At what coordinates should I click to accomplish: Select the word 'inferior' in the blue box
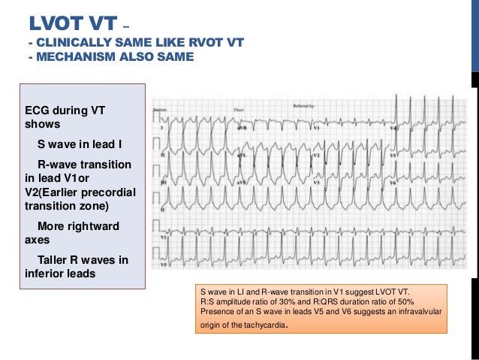[46, 274]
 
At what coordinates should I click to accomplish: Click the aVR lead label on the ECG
[243, 128]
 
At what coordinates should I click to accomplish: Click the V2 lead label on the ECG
[317, 156]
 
